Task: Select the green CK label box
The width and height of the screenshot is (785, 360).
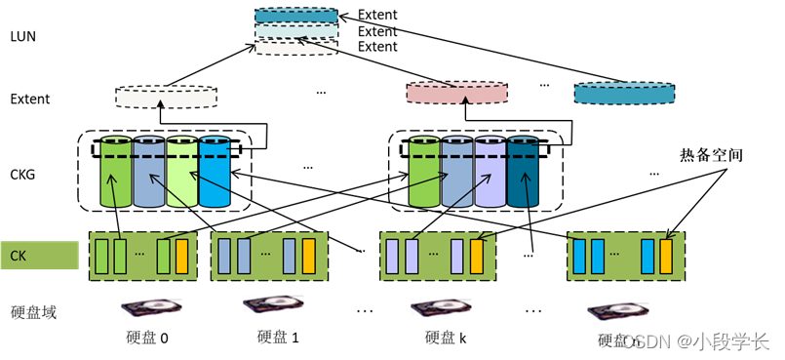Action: click(x=39, y=256)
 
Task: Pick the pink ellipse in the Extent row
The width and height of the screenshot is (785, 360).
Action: click(x=456, y=93)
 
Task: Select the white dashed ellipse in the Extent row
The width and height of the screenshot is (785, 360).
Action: click(x=166, y=97)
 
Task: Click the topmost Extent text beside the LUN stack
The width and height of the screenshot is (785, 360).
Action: click(x=377, y=15)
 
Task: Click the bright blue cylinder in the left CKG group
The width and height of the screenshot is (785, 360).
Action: click(x=215, y=173)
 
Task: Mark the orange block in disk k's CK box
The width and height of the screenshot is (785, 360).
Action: click(x=477, y=256)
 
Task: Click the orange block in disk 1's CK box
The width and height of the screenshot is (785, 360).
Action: click(x=308, y=256)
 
